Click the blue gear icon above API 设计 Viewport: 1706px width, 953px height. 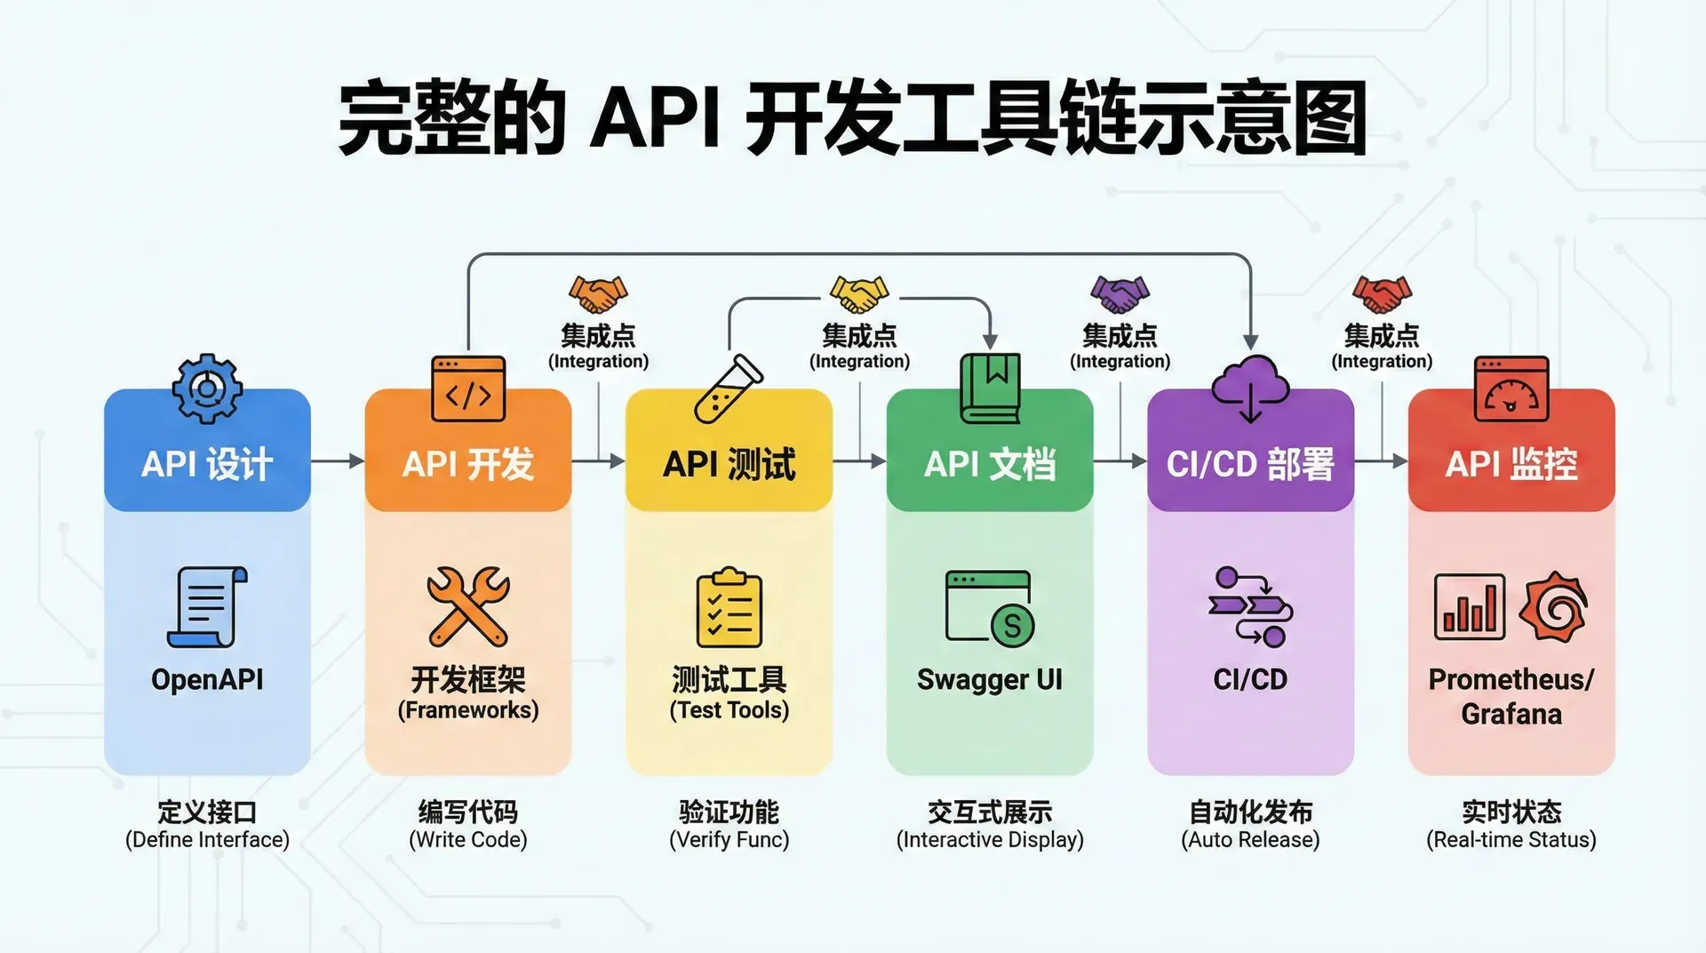tap(207, 388)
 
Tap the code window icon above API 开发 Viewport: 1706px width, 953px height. tap(468, 389)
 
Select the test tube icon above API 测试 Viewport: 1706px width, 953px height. tap(729, 389)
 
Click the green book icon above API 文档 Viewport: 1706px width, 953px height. tap(990, 388)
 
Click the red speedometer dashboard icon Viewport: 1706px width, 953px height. tap(1511, 389)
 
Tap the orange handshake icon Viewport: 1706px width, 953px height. tap(598, 293)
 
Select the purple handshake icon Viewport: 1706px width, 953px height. tap(1120, 293)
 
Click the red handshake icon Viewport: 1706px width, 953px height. tap(1382, 293)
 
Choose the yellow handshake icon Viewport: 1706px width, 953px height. tap(858, 293)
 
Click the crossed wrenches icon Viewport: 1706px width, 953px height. tap(468, 607)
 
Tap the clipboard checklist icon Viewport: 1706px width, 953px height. tap(729, 607)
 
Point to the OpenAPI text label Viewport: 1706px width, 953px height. tap(207, 679)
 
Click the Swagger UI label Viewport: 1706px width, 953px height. tap(989, 679)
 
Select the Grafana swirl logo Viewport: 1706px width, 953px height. tap(1552, 607)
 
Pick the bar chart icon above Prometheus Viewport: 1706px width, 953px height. tap(1470, 607)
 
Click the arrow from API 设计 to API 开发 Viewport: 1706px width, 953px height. tap(338, 460)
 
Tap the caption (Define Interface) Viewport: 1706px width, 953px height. tap(207, 840)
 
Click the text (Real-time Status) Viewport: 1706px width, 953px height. tap(1511, 840)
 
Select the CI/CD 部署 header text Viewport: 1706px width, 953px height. tap(1250, 464)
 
